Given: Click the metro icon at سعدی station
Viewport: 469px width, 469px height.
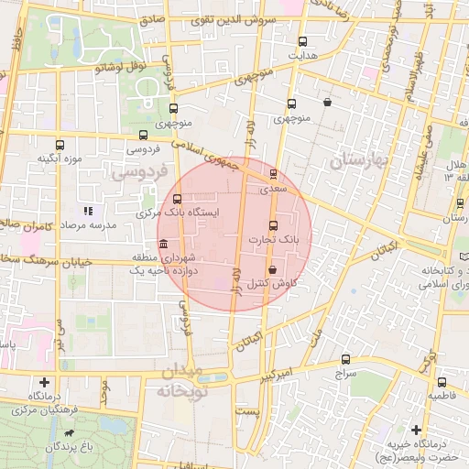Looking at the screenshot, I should pyautogui.click(x=273, y=173).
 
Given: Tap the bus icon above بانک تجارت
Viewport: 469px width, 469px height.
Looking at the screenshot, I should pyautogui.click(x=272, y=225).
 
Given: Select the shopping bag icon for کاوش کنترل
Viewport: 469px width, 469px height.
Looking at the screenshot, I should pyautogui.click(x=273, y=269).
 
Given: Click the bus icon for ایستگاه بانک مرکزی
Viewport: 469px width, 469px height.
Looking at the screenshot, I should pyautogui.click(x=177, y=199).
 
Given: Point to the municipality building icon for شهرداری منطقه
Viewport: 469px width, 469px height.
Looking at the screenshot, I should pyautogui.click(x=163, y=244).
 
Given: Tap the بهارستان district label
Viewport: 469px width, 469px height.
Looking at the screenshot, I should pyautogui.click(x=360, y=160).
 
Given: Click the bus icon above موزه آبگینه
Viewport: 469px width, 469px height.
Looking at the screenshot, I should pyautogui.click(x=60, y=145).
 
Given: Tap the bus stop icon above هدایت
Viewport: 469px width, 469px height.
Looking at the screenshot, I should pyautogui.click(x=303, y=40).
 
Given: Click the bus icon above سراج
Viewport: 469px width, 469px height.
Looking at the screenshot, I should pyautogui.click(x=344, y=359).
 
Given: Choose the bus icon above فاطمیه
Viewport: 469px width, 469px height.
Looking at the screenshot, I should pyautogui.click(x=442, y=382).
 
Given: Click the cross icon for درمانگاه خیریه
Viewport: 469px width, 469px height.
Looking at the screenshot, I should pyautogui.click(x=417, y=430).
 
